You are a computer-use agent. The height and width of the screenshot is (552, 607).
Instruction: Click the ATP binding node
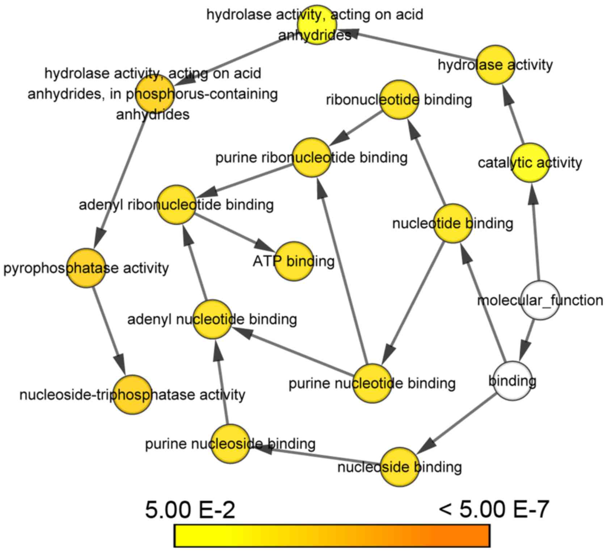pyautogui.click(x=294, y=261)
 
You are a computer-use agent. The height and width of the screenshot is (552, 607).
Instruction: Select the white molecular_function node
pyautogui.click(x=540, y=300)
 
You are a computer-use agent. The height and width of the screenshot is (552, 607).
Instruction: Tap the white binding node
pyautogui.click(x=513, y=381)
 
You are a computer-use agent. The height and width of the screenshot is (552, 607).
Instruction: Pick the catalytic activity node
pyautogui.click(x=530, y=162)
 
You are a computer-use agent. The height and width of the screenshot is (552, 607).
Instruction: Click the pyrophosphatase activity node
pyautogui.click(x=86, y=268)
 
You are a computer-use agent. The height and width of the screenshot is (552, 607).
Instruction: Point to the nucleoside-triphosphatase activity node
pyautogui.click(x=132, y=394)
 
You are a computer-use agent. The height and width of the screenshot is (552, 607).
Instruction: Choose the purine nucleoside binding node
pyautogui.click(x=230, y=444)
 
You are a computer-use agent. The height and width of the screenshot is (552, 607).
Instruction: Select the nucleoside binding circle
pyautogui.click(x=400, y=467)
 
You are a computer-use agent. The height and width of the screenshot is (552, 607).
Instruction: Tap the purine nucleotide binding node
pyautogui.click(x=372, y=383)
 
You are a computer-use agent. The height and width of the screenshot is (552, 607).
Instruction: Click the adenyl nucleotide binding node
pyautogui.click(x=212, y=319)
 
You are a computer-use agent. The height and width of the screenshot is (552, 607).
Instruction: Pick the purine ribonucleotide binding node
pyautogui.click(x=312, y=157)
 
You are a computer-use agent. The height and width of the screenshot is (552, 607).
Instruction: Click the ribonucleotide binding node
pyautogui.click(x=399, y=99)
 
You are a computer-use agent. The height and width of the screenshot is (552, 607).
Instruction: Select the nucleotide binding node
pyautogui.click(x=453, y=223)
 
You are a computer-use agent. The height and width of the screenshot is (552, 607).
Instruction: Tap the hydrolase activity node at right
pyautogui.click(x=495, y=65)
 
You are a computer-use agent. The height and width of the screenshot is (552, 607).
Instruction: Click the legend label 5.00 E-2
pyautogui.click(x=190, y=510)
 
